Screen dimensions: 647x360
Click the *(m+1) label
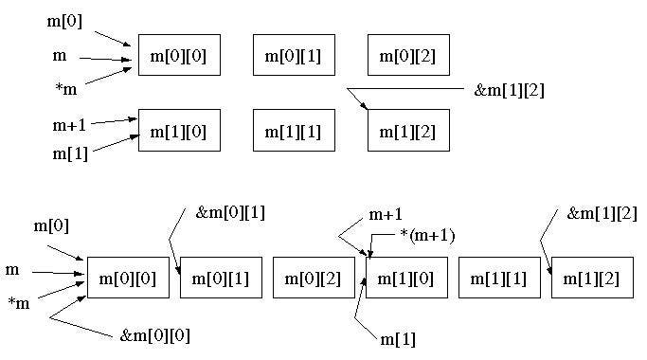(427, 236)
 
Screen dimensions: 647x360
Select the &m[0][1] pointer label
(230, 213)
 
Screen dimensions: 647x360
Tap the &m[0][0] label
(155, 335)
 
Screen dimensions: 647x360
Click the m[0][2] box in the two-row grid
(408, 55)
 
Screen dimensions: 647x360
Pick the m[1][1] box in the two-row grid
(294, 130)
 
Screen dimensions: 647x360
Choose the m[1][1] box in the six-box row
(499, 278)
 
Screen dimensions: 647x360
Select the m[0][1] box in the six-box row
(221, 278)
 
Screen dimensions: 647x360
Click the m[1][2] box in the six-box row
(592, 278)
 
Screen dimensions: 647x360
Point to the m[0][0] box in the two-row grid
(179, 55)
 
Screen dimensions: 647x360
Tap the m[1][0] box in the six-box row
(406, 278)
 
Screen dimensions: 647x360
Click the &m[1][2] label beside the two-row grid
(510, 90)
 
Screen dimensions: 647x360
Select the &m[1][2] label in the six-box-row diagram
(602, 213)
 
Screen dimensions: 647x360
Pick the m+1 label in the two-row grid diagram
(69, 125)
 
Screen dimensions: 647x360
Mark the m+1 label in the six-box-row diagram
(386, 214)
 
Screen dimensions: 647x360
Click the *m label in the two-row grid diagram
(66, 89)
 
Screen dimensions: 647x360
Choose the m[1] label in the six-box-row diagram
(397, 340)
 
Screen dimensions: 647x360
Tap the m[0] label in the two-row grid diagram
(64, 21)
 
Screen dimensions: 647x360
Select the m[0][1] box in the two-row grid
(294, 55)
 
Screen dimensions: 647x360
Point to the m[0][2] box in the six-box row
(314, 278)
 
